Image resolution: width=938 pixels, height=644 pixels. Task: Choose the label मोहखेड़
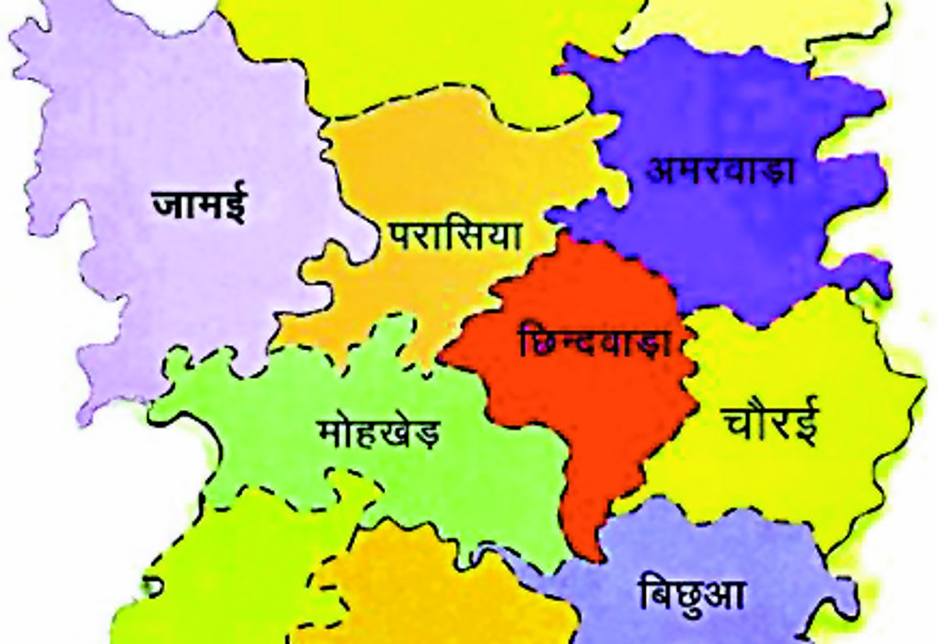(379, 431)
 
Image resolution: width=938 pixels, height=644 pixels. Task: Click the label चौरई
(771, 423)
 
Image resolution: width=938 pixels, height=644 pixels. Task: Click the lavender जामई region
(156, 297)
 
